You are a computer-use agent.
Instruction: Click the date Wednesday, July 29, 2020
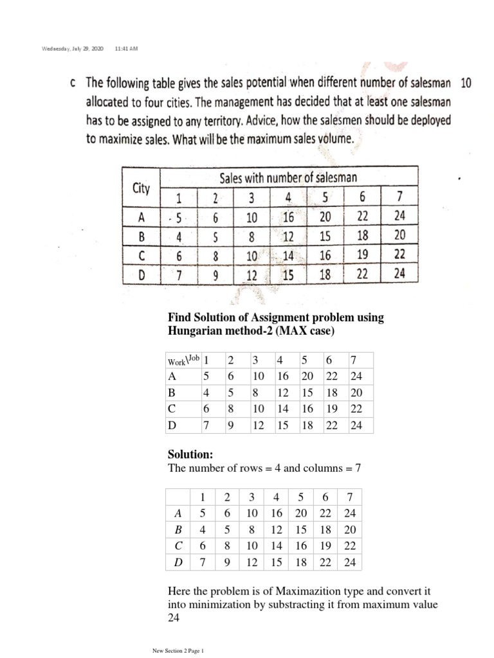[x=69, y=49]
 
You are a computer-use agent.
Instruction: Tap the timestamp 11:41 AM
[x=125, y=49]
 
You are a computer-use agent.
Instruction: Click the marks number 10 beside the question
[x=466, y=83]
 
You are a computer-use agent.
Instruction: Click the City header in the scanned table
[x=141, y=188]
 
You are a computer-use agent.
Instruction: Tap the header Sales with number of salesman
[x=289, y=177]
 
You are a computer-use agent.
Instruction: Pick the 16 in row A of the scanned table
[x=288, y=217]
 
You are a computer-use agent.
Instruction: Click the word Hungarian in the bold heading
[x=198, y=330]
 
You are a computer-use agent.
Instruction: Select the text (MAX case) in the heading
[x=304, y=330]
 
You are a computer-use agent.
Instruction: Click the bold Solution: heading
[x=190, y=454]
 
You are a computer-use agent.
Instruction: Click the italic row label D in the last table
[x=178, y=563]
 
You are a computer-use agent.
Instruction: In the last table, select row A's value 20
[x=300, y=513]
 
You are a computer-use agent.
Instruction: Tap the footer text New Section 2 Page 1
[x=177, y=651]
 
